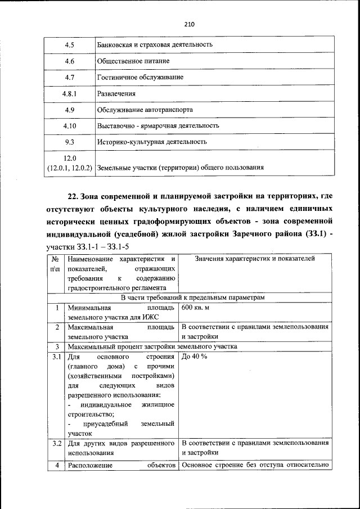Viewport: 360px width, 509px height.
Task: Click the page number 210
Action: [x=188, y=25]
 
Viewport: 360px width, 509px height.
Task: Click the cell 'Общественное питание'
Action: [x=133, y=61]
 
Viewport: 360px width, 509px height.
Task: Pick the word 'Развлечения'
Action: [x=116, y=93]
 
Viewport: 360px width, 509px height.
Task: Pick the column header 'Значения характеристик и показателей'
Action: [x=255, y=259]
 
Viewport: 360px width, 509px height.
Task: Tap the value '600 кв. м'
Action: [x=200, y=308]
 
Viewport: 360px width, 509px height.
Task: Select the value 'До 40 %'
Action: [x=195, y=357]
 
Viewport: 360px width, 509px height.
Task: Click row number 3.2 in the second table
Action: [x=56, y=443]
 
